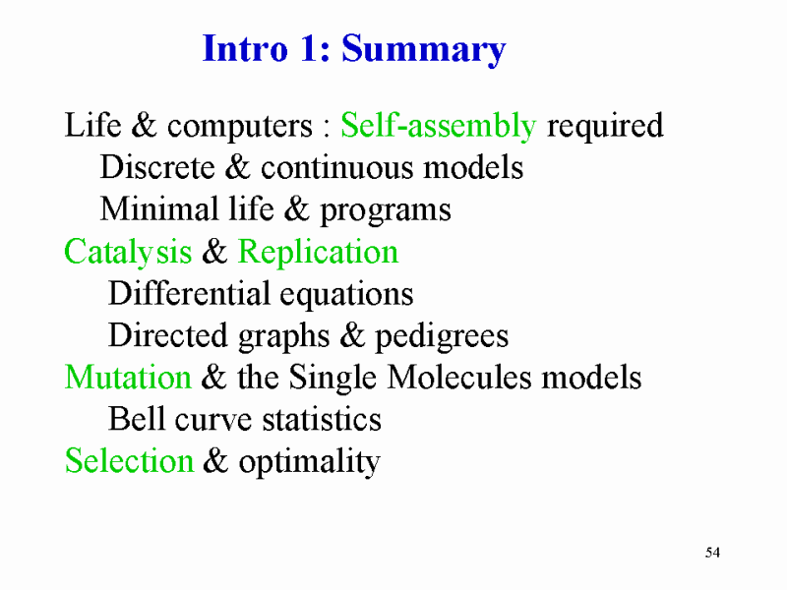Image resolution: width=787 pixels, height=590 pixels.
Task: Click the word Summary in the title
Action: tap(424, 51)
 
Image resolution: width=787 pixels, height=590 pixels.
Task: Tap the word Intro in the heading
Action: tap(245, 48)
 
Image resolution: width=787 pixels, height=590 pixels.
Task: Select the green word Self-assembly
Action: tap(438, 126)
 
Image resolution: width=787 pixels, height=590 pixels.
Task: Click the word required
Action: tap(605, 127)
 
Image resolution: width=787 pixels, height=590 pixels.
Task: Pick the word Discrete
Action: tap(157, 166)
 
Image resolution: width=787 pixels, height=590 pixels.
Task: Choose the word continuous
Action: tap(337, 167)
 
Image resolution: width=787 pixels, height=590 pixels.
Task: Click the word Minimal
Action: tap(159, 208)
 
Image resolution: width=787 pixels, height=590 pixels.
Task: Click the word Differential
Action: tap(189, 292)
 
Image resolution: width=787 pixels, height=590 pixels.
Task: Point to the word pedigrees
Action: tap(442, 337)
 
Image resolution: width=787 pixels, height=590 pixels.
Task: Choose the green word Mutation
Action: tap(128, 377)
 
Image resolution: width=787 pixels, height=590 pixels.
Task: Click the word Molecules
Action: tap(458, 377)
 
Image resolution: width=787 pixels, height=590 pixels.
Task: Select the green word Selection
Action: tap(129, 460)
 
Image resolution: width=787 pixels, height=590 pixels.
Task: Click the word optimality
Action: tap(309, 462)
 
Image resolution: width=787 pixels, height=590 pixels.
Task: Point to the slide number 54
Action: tap(712, 553)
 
